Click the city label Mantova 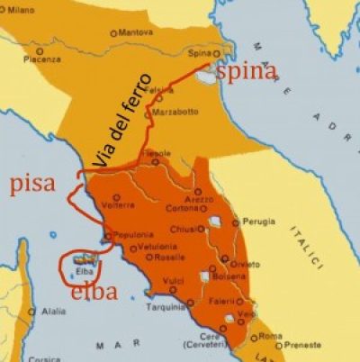(135, 32)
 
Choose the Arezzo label (199, 198)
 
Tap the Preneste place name (303, 345)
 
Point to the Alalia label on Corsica (51, 312)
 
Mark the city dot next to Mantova (113, 33)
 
